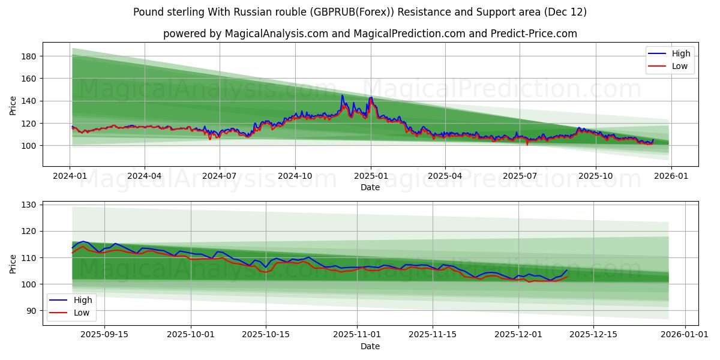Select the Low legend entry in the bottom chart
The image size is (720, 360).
click(x=81, y=313)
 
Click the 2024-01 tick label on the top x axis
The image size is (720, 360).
click(x=70, y=176)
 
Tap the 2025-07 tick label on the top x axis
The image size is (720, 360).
click(x=520, y=176)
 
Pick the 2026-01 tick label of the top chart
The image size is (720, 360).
click(x=670, y=176)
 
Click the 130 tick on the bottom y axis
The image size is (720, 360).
click(x=29, y=205)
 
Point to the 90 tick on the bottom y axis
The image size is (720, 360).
click(x=32, y=311)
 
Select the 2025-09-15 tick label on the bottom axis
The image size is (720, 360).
click(x=104, y=335)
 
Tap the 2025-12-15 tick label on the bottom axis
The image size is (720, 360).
click(x=593, y=335)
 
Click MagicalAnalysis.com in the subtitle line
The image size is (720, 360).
click(x=277, y=34)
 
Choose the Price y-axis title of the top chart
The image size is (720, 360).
click(x=13, y=104)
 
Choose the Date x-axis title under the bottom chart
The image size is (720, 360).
click(x=370, y=346)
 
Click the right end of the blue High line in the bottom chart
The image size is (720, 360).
click(x=566, y=270)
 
